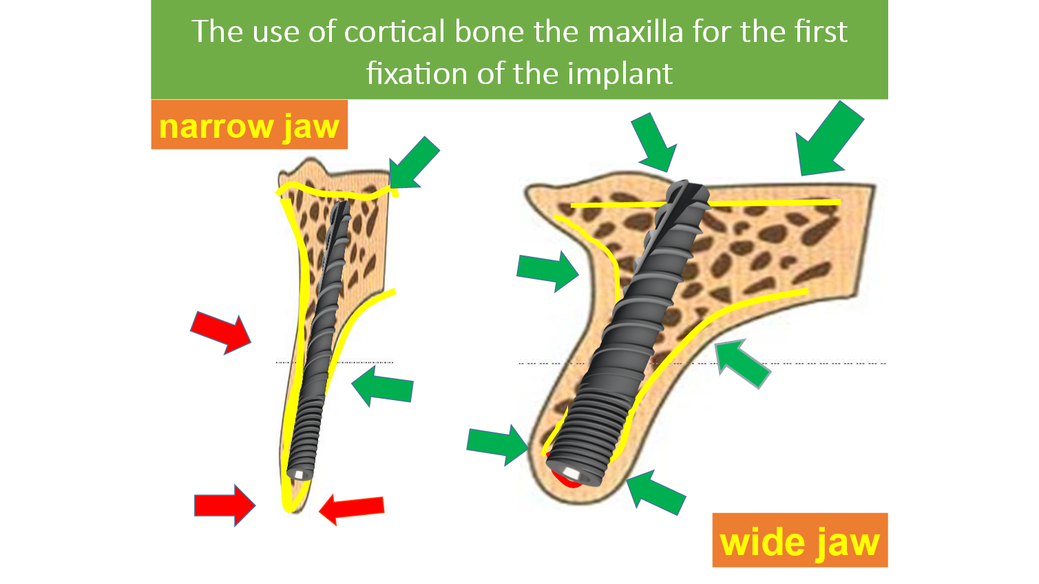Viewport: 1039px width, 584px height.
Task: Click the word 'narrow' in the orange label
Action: click(x=216, y=126)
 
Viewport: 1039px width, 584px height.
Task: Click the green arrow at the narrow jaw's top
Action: click(x=414, y=163)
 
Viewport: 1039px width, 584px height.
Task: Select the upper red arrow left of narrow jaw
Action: click(x=221, y=333)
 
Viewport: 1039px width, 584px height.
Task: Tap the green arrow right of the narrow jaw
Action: click(x=382, y=386)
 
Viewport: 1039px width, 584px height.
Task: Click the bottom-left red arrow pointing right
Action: click(x=224, y=505)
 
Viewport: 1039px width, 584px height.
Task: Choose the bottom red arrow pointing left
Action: click(x=352, y=509)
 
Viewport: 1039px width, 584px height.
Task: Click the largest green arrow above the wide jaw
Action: click(x=828, y=139)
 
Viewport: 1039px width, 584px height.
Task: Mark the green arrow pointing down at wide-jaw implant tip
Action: click(x=655, y=143)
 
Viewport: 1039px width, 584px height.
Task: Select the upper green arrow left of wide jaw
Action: click(x=548, y=271)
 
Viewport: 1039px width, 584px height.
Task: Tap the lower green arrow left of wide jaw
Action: click(x=498, y=444)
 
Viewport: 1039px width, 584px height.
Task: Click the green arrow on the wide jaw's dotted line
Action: click(x=742, y=363)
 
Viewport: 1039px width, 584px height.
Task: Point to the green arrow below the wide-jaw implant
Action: click(x=655, y=492)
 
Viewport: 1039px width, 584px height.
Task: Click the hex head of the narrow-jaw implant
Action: click(x=300, y=474)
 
